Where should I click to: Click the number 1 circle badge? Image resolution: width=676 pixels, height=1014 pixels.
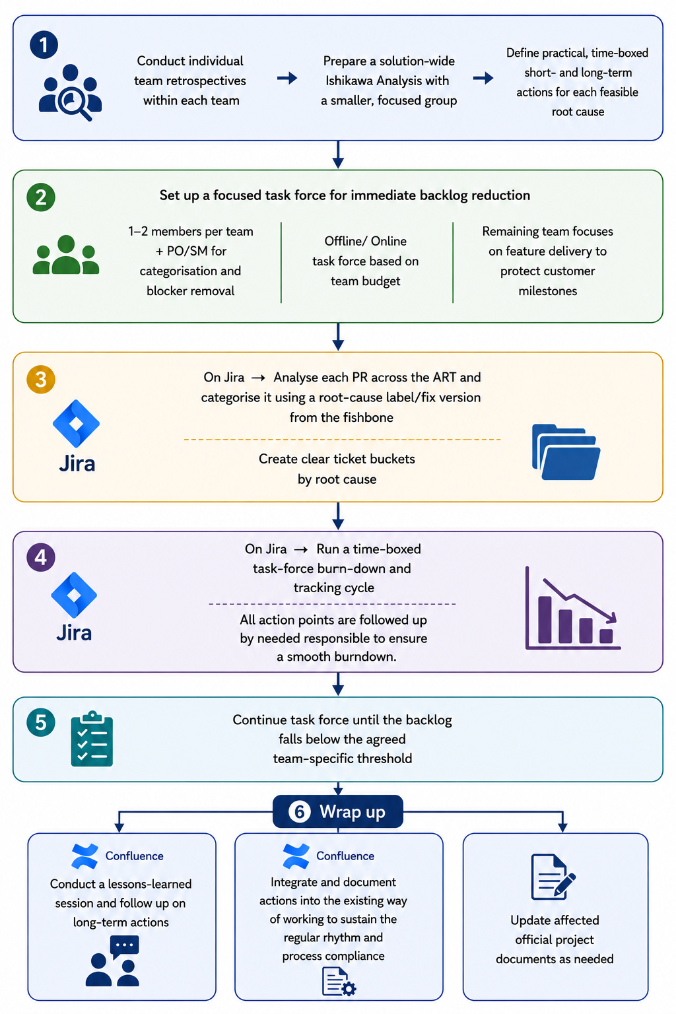tap(44, 44)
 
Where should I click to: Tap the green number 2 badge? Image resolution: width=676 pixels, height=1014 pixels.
tap(41, 197)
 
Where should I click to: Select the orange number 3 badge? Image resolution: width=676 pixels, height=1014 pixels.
tap(41, 380)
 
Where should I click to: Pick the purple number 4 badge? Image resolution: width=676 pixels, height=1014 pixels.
tap(41, 557)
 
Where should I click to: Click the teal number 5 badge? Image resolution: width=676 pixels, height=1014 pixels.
tap(41, 722)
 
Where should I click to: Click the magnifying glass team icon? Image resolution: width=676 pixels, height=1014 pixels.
tap(70, 92)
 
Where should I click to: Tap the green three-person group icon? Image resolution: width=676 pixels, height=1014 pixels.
tap(66, 254)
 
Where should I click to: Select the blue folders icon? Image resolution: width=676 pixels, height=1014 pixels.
tap(566, 452)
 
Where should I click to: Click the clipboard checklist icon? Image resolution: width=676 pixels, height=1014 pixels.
tap(92, 739)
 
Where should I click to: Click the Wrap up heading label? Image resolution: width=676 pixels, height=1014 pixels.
tap(353, 812)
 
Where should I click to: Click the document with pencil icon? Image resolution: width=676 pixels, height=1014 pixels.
tap(553, 877)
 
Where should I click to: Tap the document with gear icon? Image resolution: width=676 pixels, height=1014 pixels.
tap(339, 982)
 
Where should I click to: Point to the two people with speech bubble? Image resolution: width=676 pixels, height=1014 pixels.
tap(112, 961)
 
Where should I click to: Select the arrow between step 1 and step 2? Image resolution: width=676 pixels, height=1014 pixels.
tap(338, 155)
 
